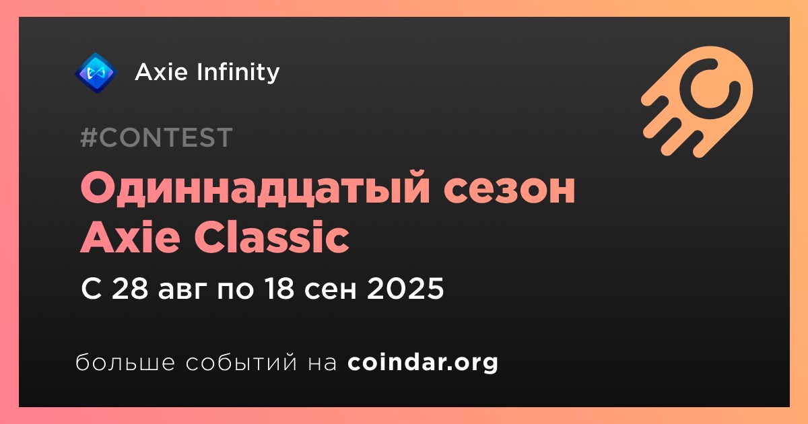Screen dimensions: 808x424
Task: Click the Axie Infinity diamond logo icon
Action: point(96,73)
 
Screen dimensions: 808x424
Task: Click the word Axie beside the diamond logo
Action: point(162,72)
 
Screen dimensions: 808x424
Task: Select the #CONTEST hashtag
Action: point(156,137)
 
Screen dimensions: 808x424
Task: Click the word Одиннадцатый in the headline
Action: point(255,188)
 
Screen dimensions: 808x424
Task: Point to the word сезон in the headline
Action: point(509,190)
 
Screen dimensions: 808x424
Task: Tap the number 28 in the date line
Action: point(130,289)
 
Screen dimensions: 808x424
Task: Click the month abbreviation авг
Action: point(182,291)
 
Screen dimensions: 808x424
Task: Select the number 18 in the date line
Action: point(279,289)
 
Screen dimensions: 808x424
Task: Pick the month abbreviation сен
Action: point(331,291)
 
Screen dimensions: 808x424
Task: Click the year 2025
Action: point(405,289)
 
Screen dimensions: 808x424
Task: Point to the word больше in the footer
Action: point(125,362)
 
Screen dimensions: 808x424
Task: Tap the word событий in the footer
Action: point(241,363)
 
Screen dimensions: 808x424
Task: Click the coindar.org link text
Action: point(423,363)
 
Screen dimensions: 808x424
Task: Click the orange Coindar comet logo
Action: point(698,102)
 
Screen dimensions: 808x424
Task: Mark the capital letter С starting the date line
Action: point(92,289)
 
